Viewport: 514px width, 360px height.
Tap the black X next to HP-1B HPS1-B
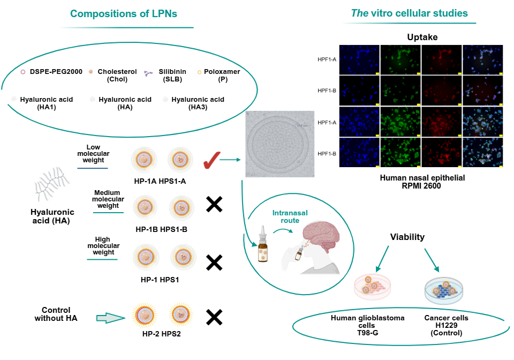coord(214,204)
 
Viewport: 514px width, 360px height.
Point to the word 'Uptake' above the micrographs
coord(422,37)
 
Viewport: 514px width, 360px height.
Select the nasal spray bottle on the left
coord(263,247)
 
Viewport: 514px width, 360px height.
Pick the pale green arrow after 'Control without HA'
coord(110,318)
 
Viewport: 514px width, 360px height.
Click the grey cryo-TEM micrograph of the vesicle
coord(279,144)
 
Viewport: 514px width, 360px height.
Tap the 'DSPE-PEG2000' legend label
coord(56,72)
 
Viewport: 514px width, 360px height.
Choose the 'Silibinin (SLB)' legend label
coord(172,76)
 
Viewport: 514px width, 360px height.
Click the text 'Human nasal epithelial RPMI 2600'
coord(422,181)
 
